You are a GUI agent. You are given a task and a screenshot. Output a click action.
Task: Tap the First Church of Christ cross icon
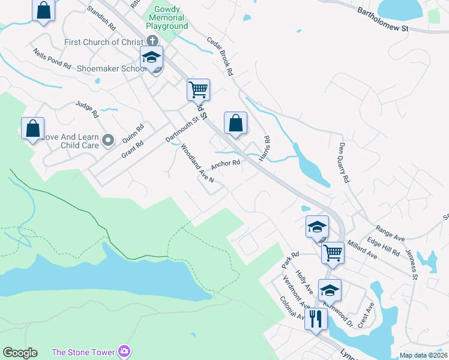click(152, 41)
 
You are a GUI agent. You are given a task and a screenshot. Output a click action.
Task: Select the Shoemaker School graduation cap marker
click(152, 59)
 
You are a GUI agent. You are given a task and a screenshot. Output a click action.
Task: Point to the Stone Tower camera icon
click(124, 351)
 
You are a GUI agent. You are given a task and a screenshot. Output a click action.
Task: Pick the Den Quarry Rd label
click(343, 163)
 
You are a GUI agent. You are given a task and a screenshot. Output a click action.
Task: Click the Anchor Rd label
click(225, 164)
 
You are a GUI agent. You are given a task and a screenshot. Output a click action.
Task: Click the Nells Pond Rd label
click(52, 58)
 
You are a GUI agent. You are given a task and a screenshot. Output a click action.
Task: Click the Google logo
click(20, 353)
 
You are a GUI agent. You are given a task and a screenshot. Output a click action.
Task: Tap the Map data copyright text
click(423, 355)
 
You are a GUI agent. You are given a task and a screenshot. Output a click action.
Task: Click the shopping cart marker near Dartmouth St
click(198, 90)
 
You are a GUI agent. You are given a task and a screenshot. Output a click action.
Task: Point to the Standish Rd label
click(101, 19)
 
